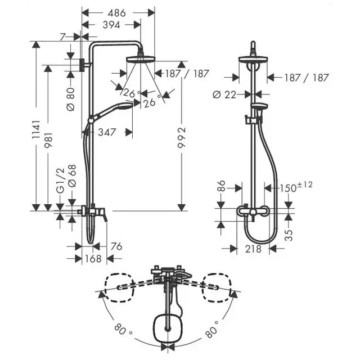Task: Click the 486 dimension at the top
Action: point(118,12)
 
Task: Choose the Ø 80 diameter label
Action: point(70,99)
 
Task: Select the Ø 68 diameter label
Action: point(71,175)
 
